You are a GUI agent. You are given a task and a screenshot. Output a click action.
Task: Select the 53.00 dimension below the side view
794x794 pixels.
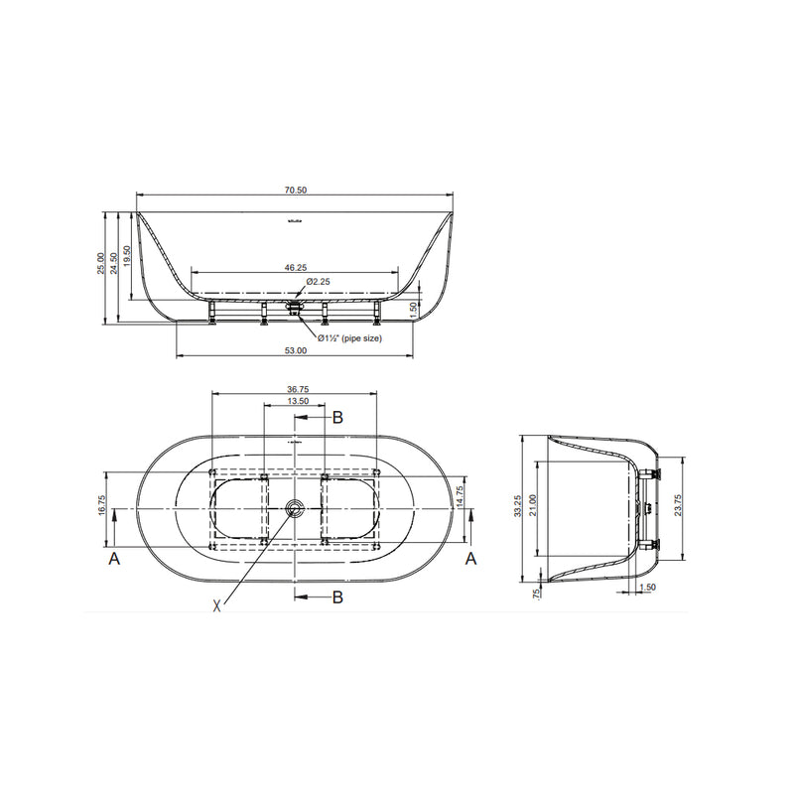(295, 350)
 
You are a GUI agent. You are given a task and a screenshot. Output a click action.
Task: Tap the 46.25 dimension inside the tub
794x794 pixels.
(295, 267)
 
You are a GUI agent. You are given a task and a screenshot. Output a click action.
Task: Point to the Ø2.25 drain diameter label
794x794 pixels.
(318, 282)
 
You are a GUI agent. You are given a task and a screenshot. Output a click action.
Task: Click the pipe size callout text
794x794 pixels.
(350, 337)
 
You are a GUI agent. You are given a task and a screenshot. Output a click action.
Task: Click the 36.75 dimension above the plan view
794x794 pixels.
(295, 389)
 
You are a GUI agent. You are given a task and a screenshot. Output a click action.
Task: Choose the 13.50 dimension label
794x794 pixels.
(295, 402)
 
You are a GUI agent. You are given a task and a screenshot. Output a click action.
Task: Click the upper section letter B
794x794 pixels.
(337, 418)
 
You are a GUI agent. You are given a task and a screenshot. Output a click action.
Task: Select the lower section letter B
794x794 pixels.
(337, 596)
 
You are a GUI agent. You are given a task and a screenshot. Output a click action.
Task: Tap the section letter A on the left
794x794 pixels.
(115, 560)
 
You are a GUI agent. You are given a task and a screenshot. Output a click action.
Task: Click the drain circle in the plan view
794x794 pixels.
(295, 509)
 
